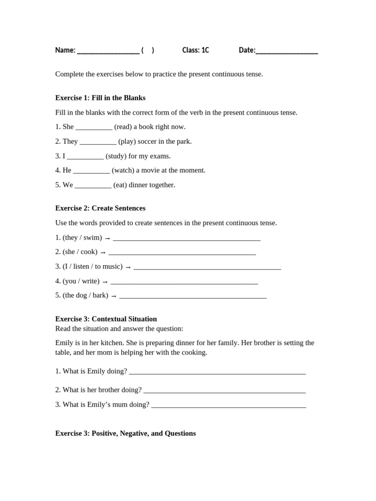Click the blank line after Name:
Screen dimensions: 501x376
[108, 51]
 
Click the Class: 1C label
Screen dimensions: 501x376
[195, 50]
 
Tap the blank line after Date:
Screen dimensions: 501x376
[286, 51]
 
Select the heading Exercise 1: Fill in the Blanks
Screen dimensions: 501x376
[100, 98]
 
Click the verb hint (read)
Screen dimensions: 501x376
[123, 127]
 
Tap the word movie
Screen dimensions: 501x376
[153, 170]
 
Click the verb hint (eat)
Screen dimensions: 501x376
[120, 185]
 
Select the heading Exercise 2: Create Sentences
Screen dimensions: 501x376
[100, 208]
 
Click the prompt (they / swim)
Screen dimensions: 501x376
[82, 238]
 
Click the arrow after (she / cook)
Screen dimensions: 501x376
[103, 252]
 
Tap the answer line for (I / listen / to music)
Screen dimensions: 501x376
[207, 268]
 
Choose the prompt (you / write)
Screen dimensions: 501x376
[81, 281]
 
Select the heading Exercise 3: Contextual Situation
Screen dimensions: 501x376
[106, 319]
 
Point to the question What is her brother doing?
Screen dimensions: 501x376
[98, 390]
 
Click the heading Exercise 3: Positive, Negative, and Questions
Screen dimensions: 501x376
[125, 433]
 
